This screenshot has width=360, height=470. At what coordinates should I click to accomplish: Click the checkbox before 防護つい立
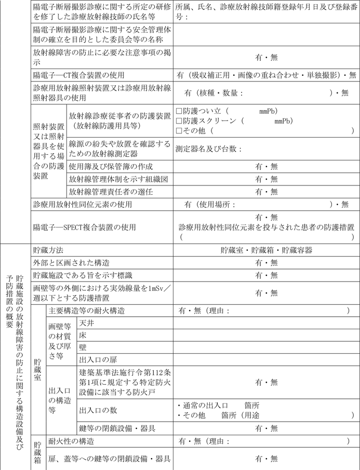[179, 111]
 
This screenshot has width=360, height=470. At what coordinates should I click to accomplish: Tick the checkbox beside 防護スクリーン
[179, 120]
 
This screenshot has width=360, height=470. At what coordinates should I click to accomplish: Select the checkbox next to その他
[179, 130]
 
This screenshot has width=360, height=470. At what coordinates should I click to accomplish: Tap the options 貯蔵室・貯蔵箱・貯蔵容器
[266, 250]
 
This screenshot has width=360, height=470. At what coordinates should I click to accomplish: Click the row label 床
[83, 335]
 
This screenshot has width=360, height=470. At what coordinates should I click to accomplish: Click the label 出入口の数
[98, 410]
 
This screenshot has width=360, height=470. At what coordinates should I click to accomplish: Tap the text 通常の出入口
[205, 405]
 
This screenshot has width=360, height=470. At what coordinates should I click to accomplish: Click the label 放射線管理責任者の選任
[111, 192]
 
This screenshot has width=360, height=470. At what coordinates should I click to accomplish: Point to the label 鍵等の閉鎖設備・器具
[117, 428]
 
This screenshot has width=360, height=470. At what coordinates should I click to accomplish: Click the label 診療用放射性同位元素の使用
[82, 205]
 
